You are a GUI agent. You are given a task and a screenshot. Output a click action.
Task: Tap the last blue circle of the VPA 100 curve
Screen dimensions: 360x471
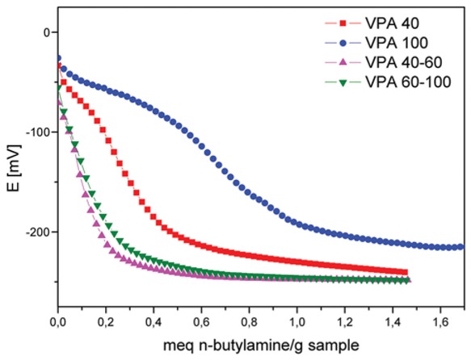[x=461, y=247]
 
